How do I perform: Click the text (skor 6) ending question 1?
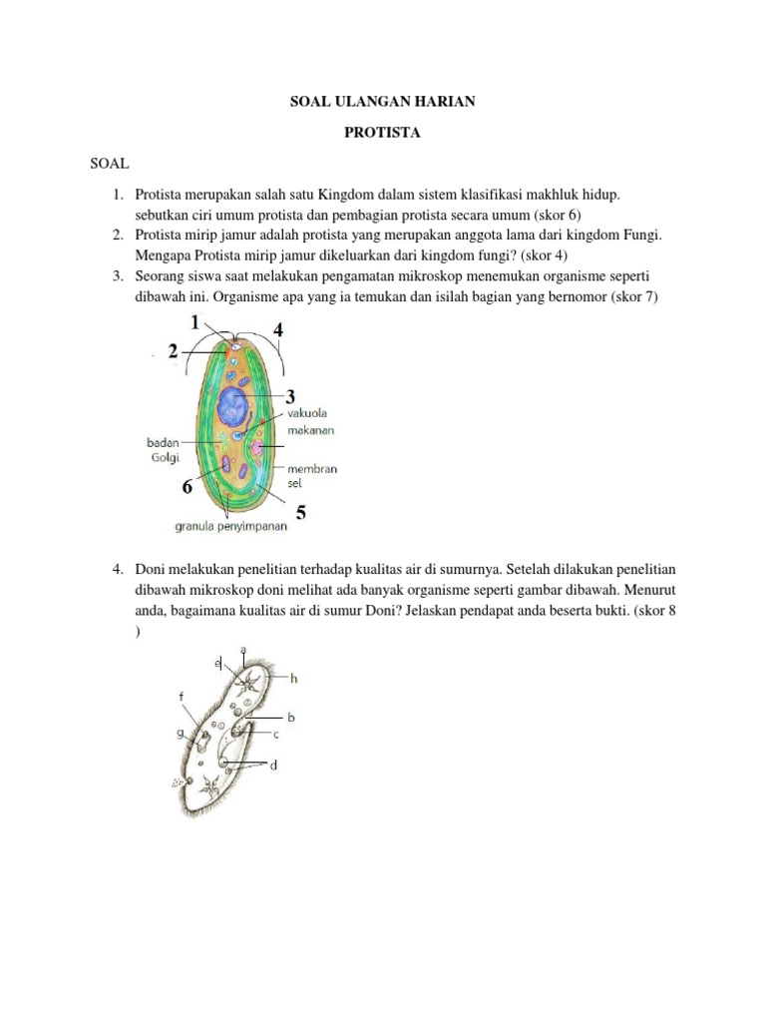click(x=551, y=215)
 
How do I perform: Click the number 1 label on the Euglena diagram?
click(x=196, y=320)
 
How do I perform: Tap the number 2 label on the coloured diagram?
click(x=174, y=350)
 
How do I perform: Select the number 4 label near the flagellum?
click(x=278, y=328)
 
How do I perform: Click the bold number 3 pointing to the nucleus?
click(x=290, y=395)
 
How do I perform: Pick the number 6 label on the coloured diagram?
click(x=187, y=488)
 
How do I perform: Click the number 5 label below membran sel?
click(x=300, y=512)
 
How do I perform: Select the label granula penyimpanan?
click(x=231, y=526)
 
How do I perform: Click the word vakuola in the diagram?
click(x=307, y=414)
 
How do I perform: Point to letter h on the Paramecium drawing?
click(x=294, y=678)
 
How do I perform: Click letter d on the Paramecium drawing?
click(x=273, y=765)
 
